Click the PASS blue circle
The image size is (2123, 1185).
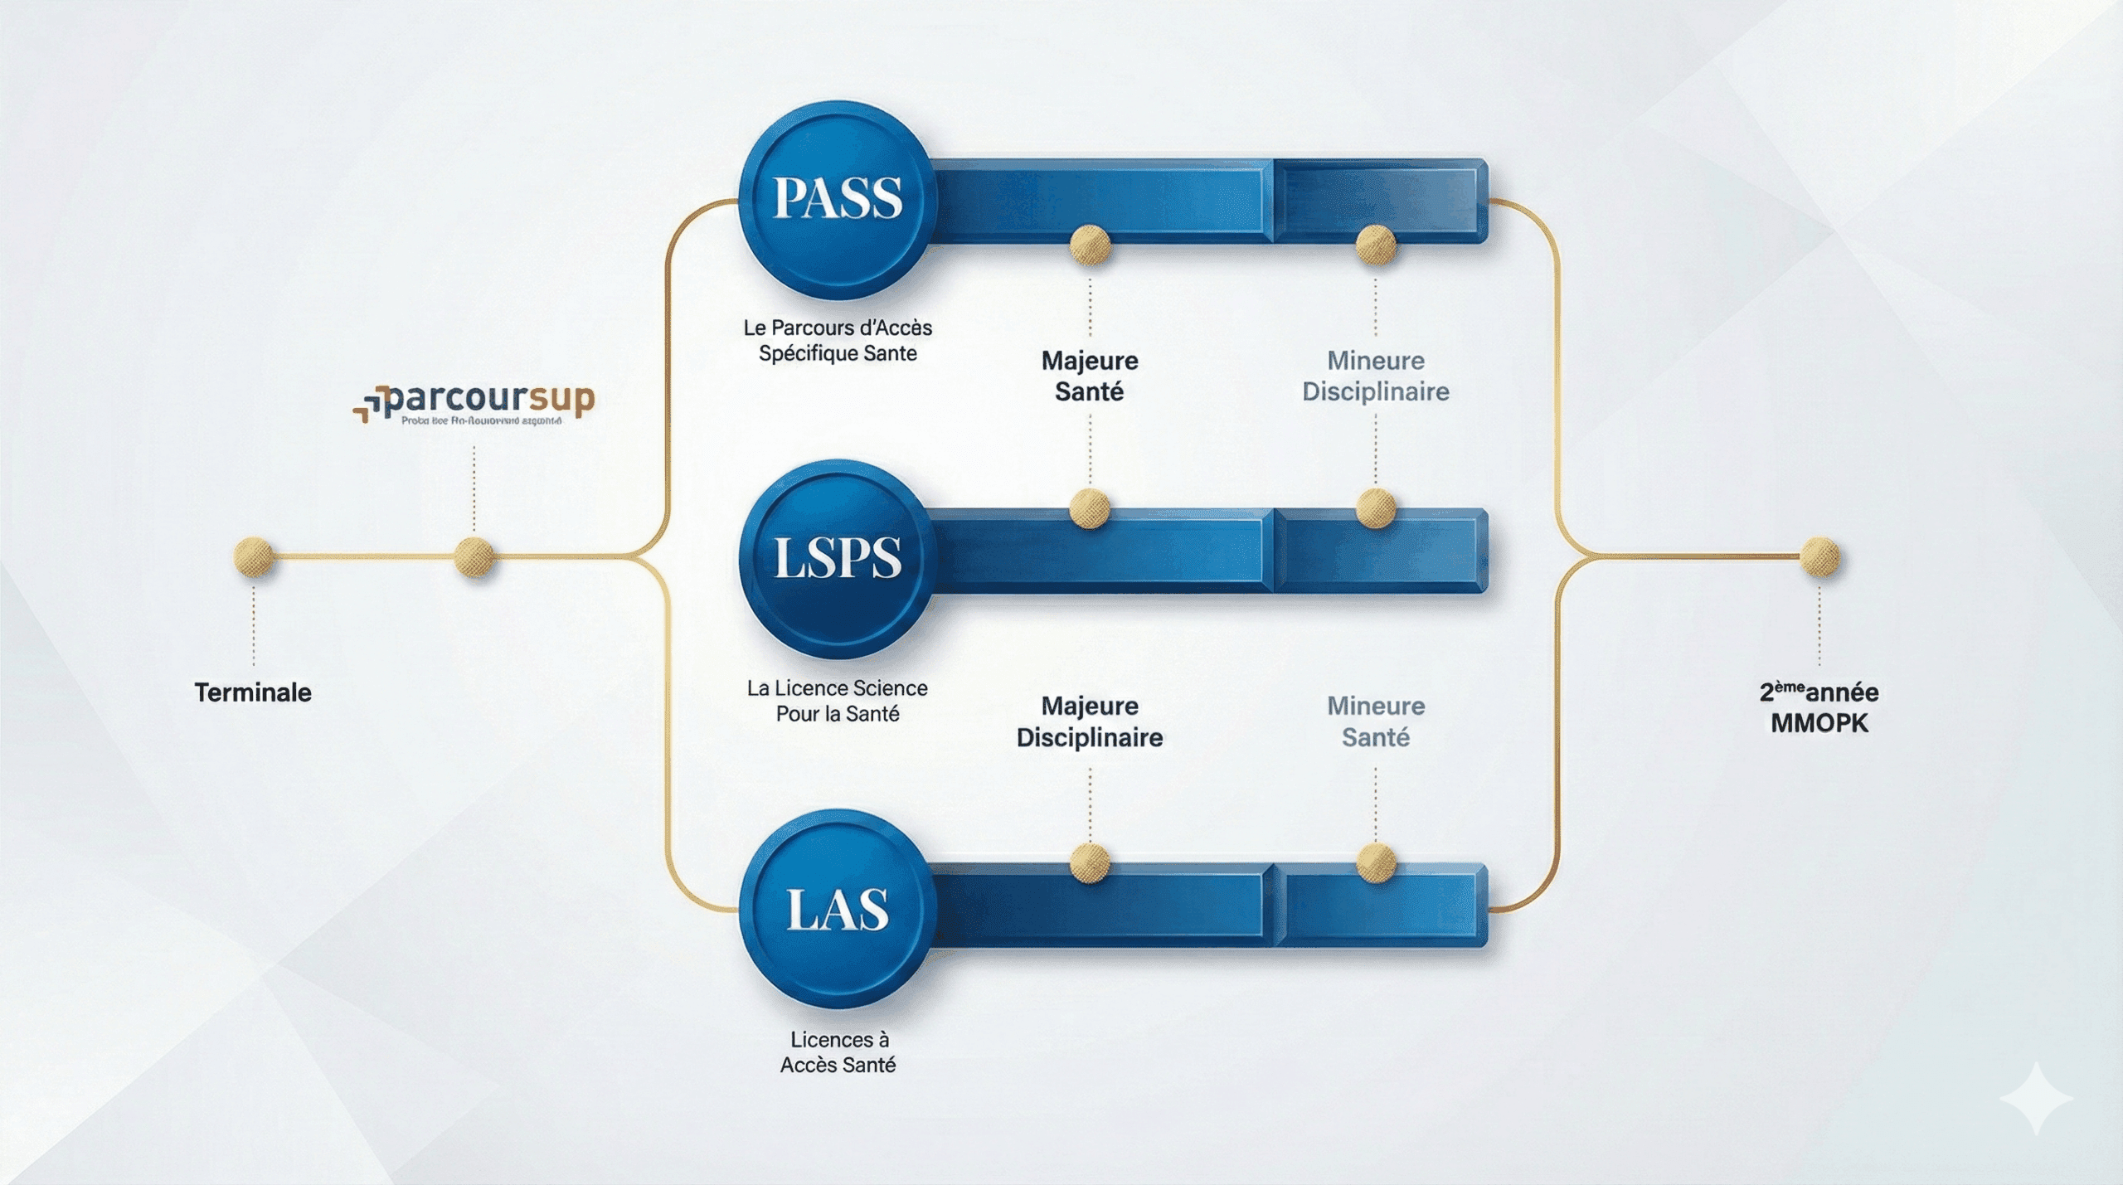click(x=837, y=199)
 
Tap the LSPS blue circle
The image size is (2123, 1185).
click(x=837, y=557)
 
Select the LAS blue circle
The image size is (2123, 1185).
click(x=837, y=909)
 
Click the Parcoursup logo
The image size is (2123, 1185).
click(x=475, y=404)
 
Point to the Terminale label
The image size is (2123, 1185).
click(x=253, y=692)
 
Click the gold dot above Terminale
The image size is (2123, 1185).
click(x=254, y=556)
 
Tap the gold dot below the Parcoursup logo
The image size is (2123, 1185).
click(x=474, y=556)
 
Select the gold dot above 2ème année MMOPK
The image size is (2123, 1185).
click(x=1819, y=556)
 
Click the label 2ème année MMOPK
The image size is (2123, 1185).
click(x=1819, y=707)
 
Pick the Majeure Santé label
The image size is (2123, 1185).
click(x=1090, y=376)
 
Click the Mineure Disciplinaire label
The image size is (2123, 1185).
click(x=1376, y=376)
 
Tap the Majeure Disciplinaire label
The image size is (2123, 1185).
click(x=1090, y=721)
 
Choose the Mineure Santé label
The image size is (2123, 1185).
click(x=1376, y=721)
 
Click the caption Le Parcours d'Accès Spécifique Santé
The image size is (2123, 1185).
click(x=838, y=340)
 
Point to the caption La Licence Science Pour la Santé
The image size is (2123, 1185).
click(x=838, y=701)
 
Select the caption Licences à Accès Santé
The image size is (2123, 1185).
click(x=838, y=1051)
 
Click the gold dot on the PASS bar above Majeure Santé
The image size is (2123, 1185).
click(x=1090, y=245)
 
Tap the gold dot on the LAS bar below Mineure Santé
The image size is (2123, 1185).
click(x=1376, y=862)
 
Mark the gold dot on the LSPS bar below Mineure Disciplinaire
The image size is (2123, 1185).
click(x=1376, y=508)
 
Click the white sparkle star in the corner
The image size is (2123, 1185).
click(x=2037, y=1097)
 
